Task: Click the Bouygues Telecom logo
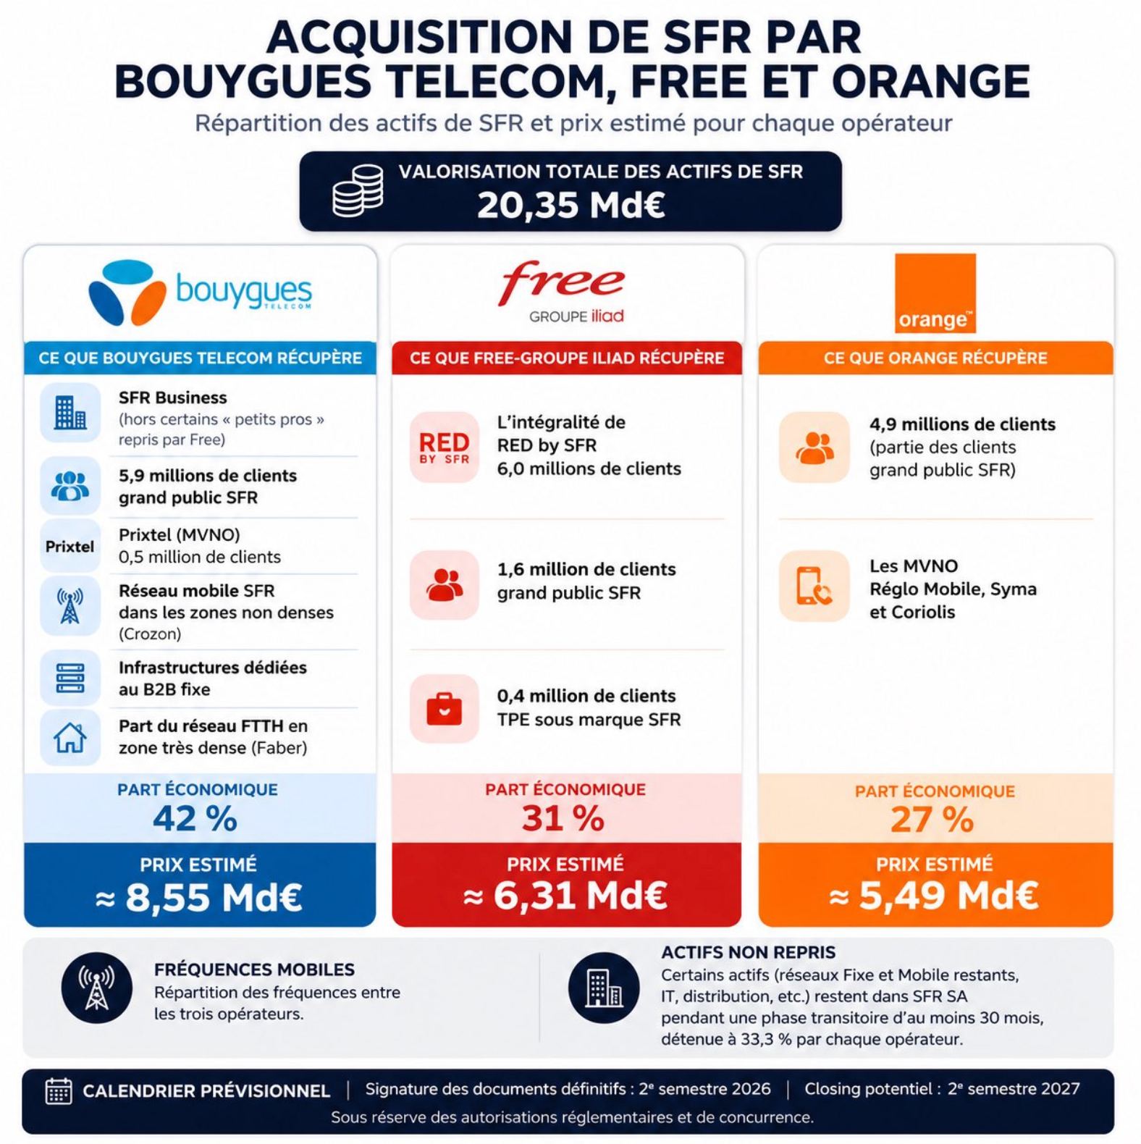(x=200, y=293)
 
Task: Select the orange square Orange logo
(x=935, y=293)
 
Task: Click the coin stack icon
(x=358, y=191)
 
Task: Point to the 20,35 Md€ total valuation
(x=570, y=205)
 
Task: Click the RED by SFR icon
(x=445, y=447)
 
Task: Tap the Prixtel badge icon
(x=70, y=547)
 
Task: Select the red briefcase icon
(x=445, y=708)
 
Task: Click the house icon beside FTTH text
(x=70, y=738)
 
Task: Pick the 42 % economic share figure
(x=195, y=819)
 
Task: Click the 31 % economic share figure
(x=563, y=819)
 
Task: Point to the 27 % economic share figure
(x=932, y=820)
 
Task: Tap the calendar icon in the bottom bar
(x=59, y=1090)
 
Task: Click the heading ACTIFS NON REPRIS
(x=748, y=952)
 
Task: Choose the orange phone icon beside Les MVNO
(x=814, y=586)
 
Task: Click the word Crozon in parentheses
(x=150, y=634)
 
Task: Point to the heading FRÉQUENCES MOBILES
(x=254, y=970)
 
